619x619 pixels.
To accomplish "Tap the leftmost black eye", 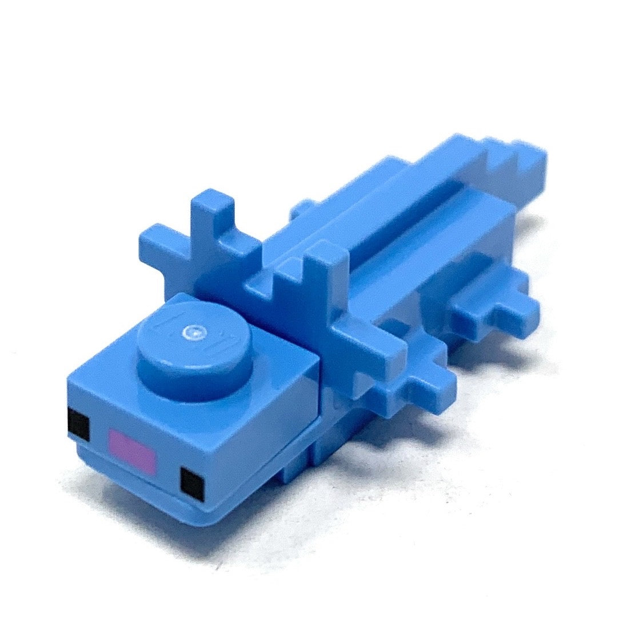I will point(78,425).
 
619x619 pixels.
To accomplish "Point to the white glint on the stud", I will point(196,330).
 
